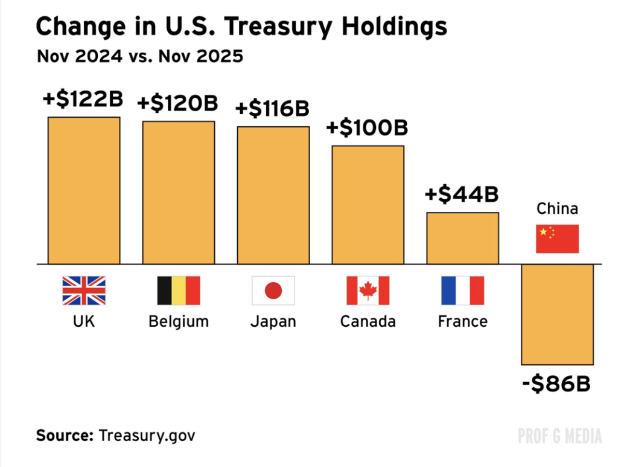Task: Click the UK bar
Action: point(84,190)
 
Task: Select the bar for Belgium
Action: point(179,193)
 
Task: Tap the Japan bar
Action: point(273,195)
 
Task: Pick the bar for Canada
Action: point(368,205)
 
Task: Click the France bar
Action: point(463,238)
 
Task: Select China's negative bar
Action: point(558,314)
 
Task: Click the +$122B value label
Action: point(83,98)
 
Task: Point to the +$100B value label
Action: point(367,128)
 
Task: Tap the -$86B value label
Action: point(556,384)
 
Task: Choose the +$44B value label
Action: point(462,195)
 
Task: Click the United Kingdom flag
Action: point(84,291)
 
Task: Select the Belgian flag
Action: point(179,291)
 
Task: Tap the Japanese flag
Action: point(273,291)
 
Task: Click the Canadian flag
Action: point(368,291)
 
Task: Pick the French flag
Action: point(463,291)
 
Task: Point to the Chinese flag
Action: point(558,239)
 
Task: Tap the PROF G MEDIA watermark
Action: point(559,436)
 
